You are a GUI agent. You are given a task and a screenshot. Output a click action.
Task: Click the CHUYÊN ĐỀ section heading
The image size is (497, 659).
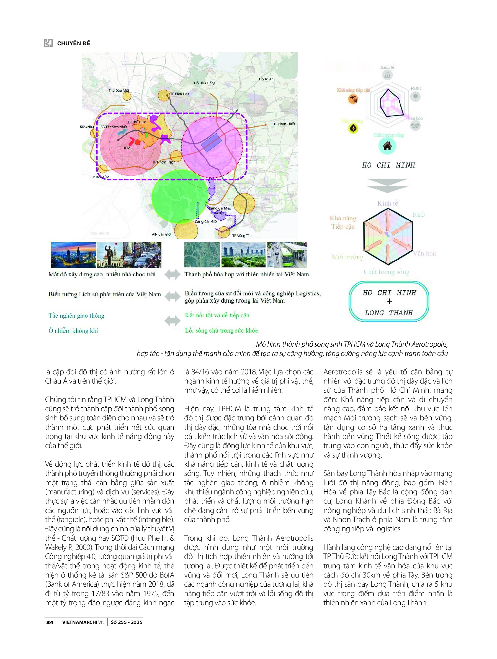73,43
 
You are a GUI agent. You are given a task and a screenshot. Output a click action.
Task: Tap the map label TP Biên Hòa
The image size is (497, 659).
179,94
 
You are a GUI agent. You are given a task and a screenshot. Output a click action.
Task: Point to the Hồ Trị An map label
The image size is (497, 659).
266,79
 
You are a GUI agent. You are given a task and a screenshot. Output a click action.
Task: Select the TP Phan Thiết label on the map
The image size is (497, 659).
284,124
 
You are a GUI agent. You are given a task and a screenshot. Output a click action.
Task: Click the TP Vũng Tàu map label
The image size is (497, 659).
242,236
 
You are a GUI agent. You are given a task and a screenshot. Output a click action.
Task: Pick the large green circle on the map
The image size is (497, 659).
179,197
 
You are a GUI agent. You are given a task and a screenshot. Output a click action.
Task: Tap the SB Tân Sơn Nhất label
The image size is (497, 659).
114,127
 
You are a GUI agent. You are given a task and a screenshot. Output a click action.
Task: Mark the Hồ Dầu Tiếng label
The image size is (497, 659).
204,83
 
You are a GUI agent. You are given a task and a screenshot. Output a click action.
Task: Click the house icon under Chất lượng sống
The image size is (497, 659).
387,146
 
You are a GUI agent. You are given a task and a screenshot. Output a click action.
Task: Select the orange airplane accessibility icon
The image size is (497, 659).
353,99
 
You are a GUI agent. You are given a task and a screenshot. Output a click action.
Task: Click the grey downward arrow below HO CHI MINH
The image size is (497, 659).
387,185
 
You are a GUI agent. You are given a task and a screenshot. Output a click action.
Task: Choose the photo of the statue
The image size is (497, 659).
110,255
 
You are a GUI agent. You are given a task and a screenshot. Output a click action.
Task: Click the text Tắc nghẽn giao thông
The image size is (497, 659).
76,315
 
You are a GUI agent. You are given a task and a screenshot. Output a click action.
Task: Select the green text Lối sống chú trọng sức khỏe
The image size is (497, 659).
221,330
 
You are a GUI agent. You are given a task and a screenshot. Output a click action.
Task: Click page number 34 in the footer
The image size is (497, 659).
50,622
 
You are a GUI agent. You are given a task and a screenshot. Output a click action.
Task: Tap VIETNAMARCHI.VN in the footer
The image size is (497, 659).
83,622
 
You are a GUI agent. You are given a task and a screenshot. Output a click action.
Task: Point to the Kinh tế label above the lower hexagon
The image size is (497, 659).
387,203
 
